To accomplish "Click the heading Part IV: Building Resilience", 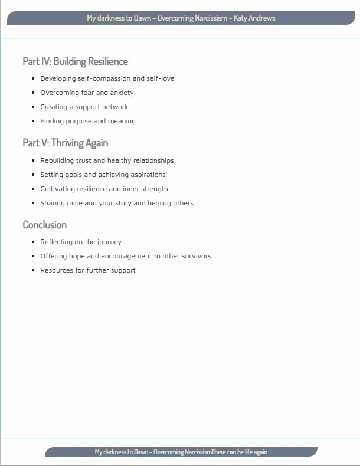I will point(75,61).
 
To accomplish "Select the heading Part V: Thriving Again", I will point(65,143).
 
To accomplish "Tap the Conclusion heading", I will point(44,225).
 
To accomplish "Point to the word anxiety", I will point(122,93).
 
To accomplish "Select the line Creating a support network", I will point(84,107).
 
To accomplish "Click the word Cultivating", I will point(59,189).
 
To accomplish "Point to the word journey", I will point(109,242).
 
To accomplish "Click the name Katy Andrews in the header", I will point(254,18).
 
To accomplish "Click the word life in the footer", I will point(247,452).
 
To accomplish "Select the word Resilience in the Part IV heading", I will point(108,61).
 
